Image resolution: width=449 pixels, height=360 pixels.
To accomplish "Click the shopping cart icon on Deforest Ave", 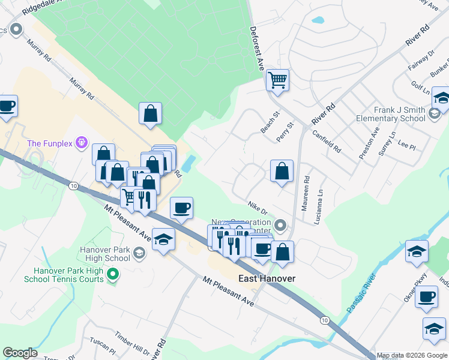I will click(278, 79).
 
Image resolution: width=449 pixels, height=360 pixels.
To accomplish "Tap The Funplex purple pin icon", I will click(83, 143).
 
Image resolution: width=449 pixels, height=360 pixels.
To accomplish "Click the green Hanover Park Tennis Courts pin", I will click(112, 275).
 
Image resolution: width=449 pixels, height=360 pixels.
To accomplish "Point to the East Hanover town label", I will click(267, 278).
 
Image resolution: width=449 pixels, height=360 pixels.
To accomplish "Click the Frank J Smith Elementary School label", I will click(391, 114).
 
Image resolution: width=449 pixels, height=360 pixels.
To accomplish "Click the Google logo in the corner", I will click(19, 353).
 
